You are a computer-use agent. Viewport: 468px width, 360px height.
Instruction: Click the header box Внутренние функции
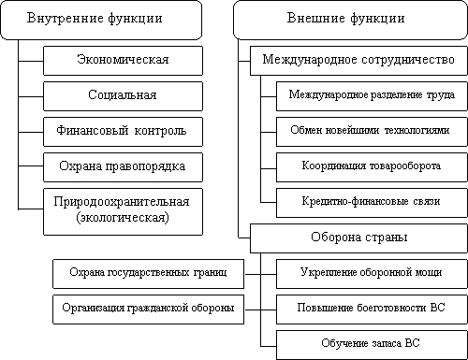pos(101,20)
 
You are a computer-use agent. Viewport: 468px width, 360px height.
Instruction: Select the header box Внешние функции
pos(350,20)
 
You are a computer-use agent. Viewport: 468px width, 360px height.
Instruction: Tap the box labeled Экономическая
pos(123,61)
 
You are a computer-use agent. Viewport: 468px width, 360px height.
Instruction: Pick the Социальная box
pos(123,96)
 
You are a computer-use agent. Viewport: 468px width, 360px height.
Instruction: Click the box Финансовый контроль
pos(123,132)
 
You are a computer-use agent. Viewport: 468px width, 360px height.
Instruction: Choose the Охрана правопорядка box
pos(123,167)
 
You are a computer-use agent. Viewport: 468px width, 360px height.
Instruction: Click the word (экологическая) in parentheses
pos(123,217)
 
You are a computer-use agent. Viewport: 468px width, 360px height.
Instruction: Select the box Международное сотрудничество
pos(358,61)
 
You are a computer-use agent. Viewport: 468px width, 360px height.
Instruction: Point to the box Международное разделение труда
pos(372,96)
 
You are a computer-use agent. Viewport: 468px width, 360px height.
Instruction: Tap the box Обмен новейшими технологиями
pos(372,132)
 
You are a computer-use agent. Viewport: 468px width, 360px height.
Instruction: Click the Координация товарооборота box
pos(372,167)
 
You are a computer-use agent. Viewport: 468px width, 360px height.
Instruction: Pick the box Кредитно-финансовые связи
pos(372,203)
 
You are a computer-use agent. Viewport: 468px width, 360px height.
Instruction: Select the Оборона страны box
pos(358,238)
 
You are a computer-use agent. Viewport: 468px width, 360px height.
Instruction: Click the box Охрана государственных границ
pos(148,274)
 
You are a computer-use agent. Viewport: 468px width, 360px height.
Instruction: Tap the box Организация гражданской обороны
pos(148,310)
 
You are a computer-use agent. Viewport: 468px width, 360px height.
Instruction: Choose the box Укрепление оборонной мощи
pos(372,274)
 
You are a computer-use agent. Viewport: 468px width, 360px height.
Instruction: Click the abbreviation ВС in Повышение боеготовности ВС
pos(437,308)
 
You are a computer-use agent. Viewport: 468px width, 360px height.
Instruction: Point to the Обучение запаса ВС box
pos(372,345)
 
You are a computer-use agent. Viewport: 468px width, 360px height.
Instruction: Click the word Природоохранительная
pos(122,202)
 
